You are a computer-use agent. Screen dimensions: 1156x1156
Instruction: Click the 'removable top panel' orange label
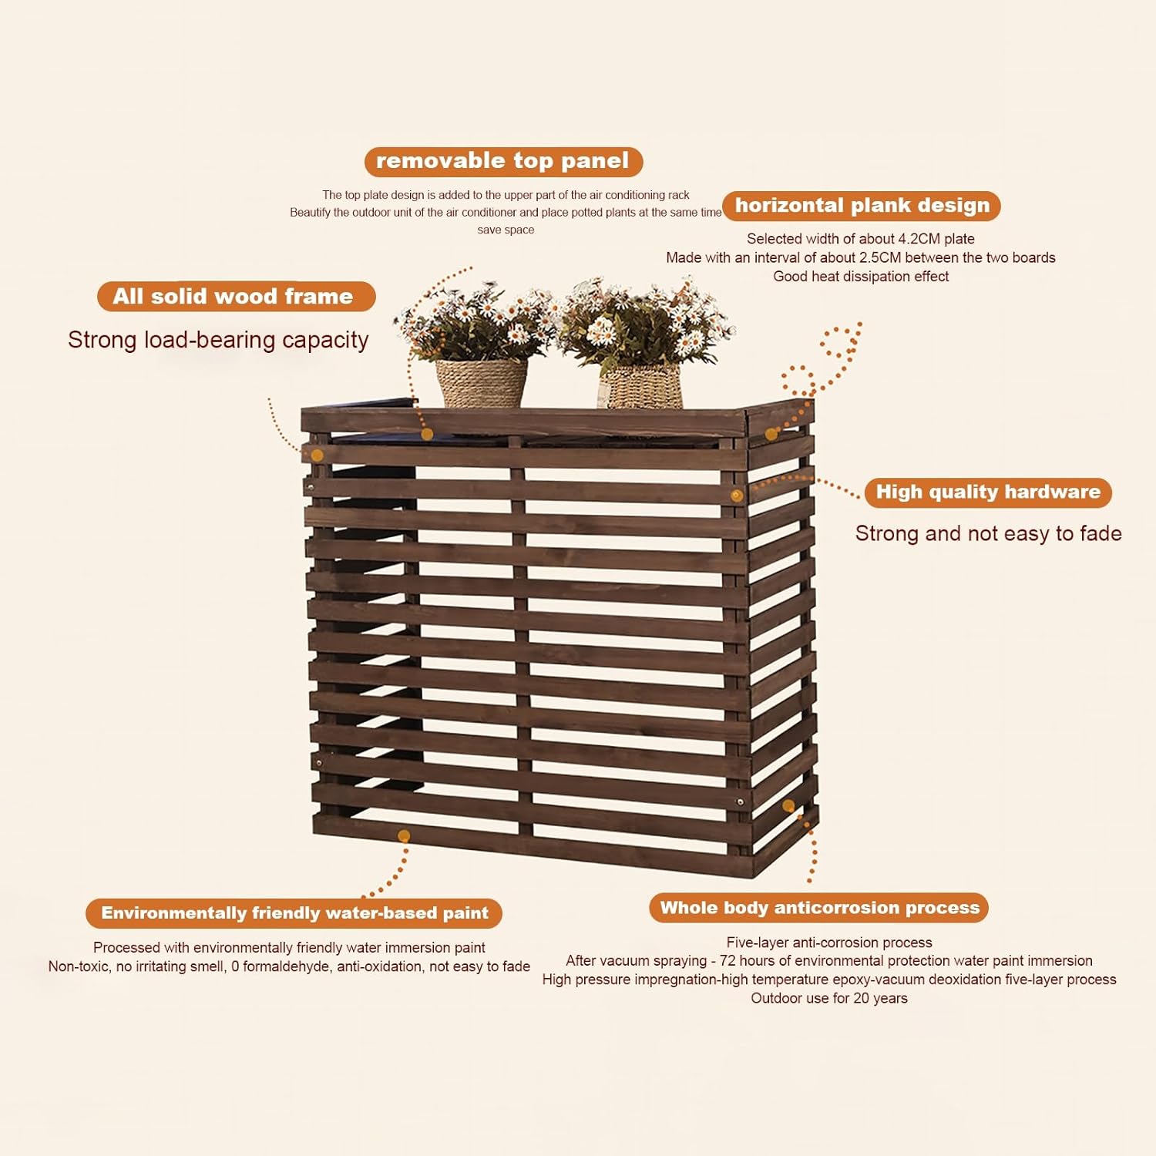[x=503, y=161]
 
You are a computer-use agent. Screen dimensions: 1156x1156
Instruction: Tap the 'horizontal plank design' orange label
[x=862, y=206]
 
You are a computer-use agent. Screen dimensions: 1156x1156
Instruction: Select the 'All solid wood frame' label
[x=236, y=297]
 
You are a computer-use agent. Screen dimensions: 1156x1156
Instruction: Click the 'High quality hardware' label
[x=987, y=492]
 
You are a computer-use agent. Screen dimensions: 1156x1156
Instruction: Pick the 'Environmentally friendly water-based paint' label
[x=294, y=913]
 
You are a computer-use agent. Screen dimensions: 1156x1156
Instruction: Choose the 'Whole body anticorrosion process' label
[x=818, y=908]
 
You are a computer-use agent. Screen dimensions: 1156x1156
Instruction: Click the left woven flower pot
[x=482, y=383]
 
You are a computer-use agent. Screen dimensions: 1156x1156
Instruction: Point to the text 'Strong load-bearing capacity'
[x=218, y=340]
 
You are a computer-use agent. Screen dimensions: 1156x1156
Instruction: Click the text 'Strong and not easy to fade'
[x=988, y=533]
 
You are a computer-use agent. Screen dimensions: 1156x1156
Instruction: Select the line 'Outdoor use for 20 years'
[x=829, y=999]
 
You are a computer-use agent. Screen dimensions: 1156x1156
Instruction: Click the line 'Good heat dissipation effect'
[x=861, y=277]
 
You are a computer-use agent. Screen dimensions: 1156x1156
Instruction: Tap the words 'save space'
[x=506, y=230]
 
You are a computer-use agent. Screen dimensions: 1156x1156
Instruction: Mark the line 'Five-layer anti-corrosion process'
[x=829, y=943]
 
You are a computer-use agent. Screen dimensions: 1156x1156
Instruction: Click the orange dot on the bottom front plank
[x=404, y=836]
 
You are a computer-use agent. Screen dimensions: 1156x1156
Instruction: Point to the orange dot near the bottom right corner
[x=788, y=806]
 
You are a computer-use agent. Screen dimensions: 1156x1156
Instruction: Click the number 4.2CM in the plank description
[x=923, y=239]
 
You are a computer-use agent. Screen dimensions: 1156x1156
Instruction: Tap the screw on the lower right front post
[x=740, y=802]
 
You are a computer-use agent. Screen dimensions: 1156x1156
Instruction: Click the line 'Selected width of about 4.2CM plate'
[x=860, y=239]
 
